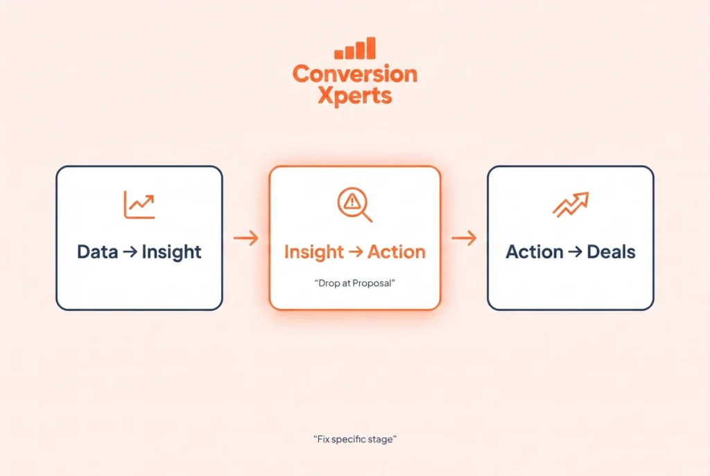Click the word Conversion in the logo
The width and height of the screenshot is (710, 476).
pyautogui.click(x=355, y=73)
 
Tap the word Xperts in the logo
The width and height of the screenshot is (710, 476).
pyautogui.click(x=355, y=96)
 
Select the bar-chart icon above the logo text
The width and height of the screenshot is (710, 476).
pyautogui.click(x=355, y=48)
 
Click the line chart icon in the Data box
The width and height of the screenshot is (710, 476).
pyautogui.click(x=139, y=204)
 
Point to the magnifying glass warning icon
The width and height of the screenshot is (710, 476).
pyautogui.click(x=354, y=204)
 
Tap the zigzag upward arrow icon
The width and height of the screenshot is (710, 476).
pyautogui.click(x=571, y=204)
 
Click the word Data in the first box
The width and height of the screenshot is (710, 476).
pyautogui.click(x=97, y=252)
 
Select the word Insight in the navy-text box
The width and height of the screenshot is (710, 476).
pyautogui.click(x=172, y=252)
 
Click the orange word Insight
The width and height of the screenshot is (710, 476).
pyautogui.click(x=314, y=252)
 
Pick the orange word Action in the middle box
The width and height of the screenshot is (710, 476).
pyautogui.click(x=396, y=252)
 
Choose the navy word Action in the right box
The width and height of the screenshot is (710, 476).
pyautogui.click(x=535, y=252)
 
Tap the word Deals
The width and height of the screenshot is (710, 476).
pyautogui.click(x=612, y=252)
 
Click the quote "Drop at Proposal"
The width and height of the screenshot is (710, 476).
pyautogui.click(x=354, y=283)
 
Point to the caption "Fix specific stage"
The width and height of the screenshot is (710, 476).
pyautogui.click(x=355, y=439)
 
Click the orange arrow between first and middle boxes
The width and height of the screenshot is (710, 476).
pyautogui.click(x=246, y=238)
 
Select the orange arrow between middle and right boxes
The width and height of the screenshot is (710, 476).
pyautogui.click(x=464, y=238)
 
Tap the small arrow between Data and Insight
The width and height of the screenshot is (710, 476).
pyautogui.click(x=130, y=252)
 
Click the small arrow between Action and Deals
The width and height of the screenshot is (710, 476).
pyautogui.click(x=575, y=252)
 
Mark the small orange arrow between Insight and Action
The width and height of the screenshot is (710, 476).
pyautogui.click(x=356, y=252)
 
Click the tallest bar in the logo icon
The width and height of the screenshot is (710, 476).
pyautogui.click(x=371, y=48)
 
